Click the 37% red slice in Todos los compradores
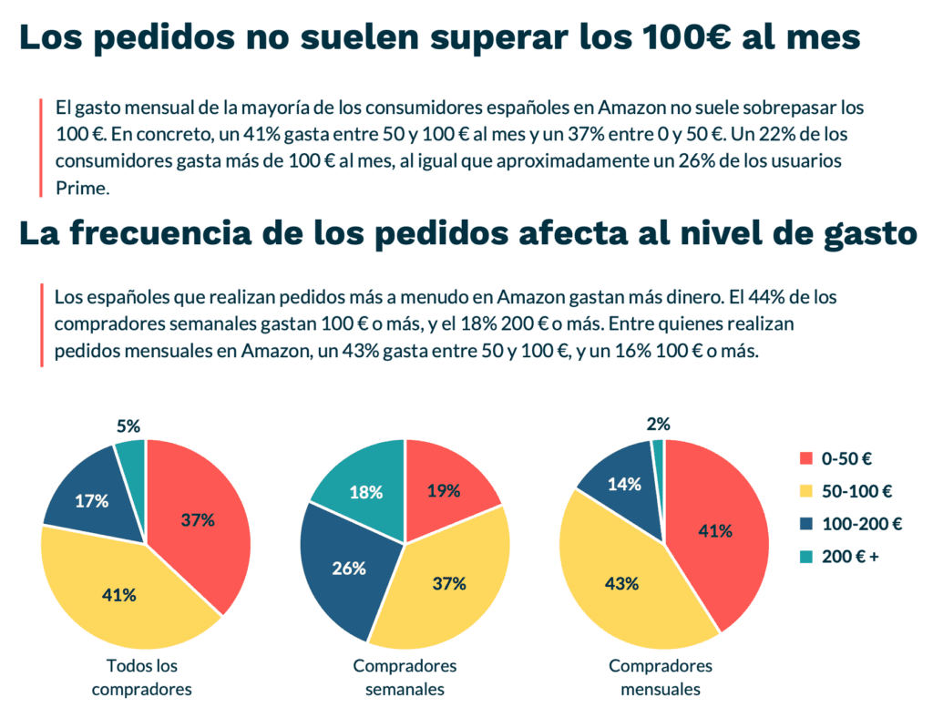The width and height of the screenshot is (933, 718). tap(196, 521)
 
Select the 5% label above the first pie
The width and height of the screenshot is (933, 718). tap(128, 426)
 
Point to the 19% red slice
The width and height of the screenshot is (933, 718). tap(443, 490)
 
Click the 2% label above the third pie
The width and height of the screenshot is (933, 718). tap(658, 424)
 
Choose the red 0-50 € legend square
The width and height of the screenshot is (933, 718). tap(805, 458)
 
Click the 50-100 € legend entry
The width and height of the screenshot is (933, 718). tap(846, 491)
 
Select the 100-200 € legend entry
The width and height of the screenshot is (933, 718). tap(851, 524)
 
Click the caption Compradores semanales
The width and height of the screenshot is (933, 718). tap(405, 677)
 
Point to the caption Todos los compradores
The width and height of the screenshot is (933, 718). tap(142, 677)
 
